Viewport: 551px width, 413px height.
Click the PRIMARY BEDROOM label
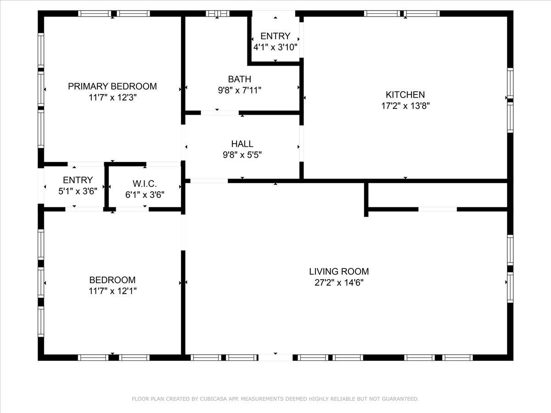click(112, 86)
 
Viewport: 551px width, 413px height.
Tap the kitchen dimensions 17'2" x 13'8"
click(405, 105)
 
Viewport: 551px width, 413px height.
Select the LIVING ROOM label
click(338, 272)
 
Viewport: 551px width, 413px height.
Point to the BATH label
click(239, 79)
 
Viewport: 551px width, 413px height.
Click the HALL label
click(242, 144)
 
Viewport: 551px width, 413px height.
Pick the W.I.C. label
click(145, 184)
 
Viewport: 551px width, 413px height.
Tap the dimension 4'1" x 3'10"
click(275, 47)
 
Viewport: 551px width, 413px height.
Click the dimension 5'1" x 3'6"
click(78, 191)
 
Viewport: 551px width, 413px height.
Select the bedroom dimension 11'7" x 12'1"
click(112, 290)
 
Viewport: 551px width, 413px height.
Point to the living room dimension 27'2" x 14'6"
click(338, 283)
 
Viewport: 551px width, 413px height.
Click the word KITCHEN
click(405, 95)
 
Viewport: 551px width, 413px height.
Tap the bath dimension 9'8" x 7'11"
click(239, 90)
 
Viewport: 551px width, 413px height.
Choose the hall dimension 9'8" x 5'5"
click(242, 155)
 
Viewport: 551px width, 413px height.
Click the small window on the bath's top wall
click(217, 14)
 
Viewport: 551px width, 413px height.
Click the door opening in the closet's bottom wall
click(437, 209)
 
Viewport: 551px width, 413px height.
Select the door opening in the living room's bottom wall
click(275, 357)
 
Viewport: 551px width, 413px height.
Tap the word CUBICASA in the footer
click(214, 399)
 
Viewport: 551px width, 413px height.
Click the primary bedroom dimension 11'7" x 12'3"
click(112, 97)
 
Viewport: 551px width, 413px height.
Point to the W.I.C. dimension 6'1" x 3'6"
click(145, 195)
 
